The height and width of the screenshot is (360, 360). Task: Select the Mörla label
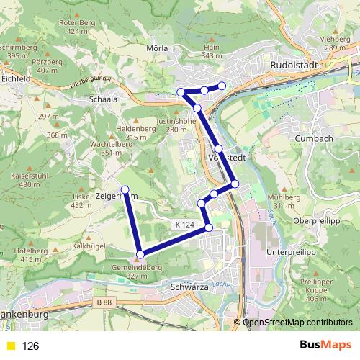click(157, 48)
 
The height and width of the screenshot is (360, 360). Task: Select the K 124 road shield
click(184, 225)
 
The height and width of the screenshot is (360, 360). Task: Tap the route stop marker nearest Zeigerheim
click(125, 189)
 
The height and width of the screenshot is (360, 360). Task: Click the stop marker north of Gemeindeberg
click(140, 253)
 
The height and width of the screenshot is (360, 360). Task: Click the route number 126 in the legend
click(30, 346)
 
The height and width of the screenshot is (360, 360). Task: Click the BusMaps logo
click(325, 346)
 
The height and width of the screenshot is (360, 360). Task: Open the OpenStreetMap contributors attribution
click(298, 322)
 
